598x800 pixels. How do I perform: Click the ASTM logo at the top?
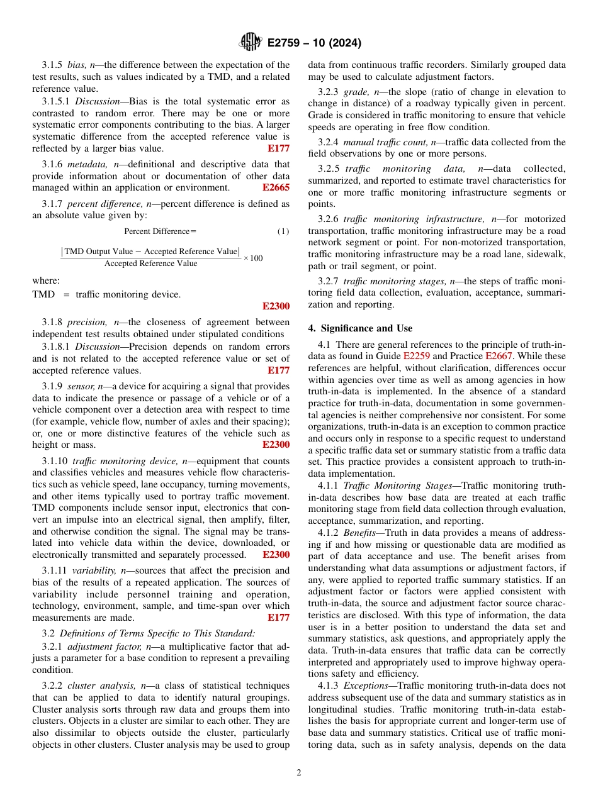(251, 42)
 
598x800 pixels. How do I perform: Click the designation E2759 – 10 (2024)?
(314, 43)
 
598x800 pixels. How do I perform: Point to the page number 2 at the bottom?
(299, 772)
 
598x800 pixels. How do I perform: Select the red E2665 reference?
(276, 187)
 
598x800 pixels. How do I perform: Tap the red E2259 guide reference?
(417, 356)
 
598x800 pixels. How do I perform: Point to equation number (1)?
(283, 231)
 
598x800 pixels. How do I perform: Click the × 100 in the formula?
(253, 258)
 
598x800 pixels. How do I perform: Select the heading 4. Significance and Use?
(360, 328)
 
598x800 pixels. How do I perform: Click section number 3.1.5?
(52, 65)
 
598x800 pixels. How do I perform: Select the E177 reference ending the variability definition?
(278, 617)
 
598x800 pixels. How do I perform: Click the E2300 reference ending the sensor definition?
(276, 445)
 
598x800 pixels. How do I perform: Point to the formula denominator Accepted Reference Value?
(150, 264)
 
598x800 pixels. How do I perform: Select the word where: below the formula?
(46, 281)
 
